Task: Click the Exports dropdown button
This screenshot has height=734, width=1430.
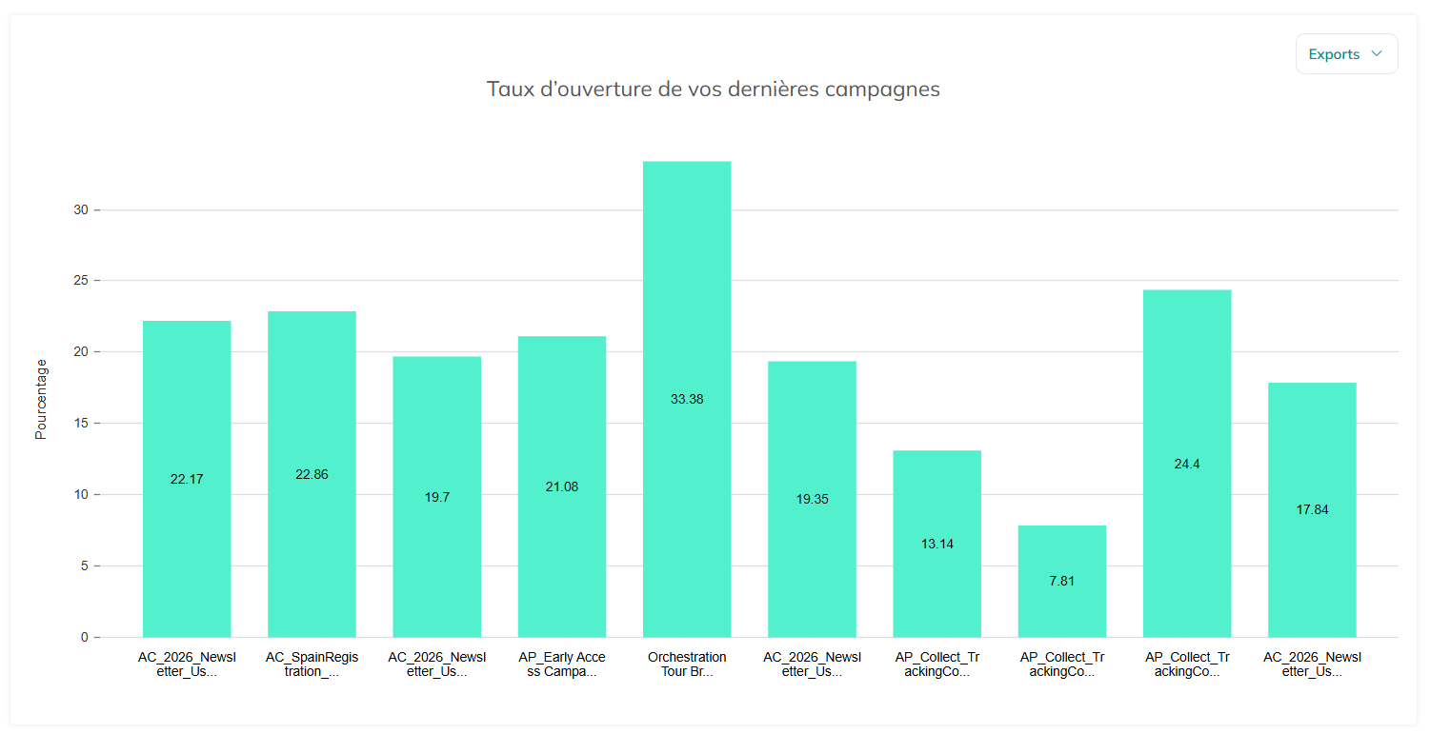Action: pos(1346,54)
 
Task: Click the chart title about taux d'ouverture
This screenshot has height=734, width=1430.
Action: pos(713,89)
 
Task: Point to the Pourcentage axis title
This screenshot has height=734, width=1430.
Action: pos(41,399)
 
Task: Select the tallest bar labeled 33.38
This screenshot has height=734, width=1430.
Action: pos(687,399)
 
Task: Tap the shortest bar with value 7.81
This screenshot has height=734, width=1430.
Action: pos(1061,581)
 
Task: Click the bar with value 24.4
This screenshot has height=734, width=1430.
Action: pos(1187,464)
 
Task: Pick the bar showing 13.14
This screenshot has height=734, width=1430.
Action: pos(937,544)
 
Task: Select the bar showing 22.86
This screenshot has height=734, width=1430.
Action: pos(312,474)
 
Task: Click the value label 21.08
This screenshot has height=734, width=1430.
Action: pos(562,486)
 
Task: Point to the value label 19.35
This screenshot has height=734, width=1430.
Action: pos(812,499)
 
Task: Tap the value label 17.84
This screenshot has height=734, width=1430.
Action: pos(1312,509)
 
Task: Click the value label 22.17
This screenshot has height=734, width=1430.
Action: pos(187,479)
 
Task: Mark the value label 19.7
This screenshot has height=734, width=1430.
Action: pos(436,497)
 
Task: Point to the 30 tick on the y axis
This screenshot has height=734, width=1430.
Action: pos(81,209)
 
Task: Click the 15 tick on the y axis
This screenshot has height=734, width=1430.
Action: pos(81,423)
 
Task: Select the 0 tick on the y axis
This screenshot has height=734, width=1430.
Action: pos(84,637)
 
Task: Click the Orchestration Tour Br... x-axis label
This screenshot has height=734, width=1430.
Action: pos(687,664)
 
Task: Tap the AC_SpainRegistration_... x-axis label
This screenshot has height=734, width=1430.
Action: pos(312,664)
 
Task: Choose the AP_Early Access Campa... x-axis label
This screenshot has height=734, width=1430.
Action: pos(562,664)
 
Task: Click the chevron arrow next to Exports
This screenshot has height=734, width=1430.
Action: pos(1377,53)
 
